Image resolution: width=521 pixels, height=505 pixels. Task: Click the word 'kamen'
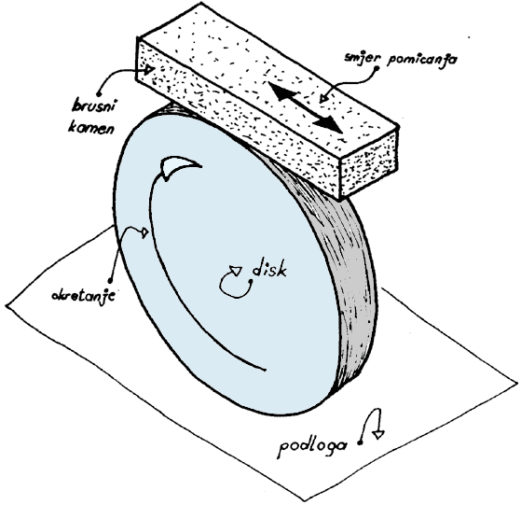[90, 127]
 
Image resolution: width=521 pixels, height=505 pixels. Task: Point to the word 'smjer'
[363, 57]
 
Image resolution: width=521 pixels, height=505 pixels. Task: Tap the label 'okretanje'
[83, 295]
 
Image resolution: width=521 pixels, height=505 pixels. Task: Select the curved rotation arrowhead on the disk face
[180, 168]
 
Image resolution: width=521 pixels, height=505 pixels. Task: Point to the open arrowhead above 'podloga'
[378, 434]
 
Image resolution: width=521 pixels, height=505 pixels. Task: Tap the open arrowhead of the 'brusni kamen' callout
[150, 69]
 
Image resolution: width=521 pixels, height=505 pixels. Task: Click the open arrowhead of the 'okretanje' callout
[144, 232]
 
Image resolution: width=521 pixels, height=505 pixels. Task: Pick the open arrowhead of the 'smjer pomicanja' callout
[323, 98]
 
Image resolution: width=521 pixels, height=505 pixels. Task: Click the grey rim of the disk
[346, 266]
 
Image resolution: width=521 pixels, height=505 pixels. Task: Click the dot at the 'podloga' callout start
[359, 442]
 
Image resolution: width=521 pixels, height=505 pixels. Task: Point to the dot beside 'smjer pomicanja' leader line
[377, 69]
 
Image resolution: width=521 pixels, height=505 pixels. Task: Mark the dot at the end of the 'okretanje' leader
[110, 279]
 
